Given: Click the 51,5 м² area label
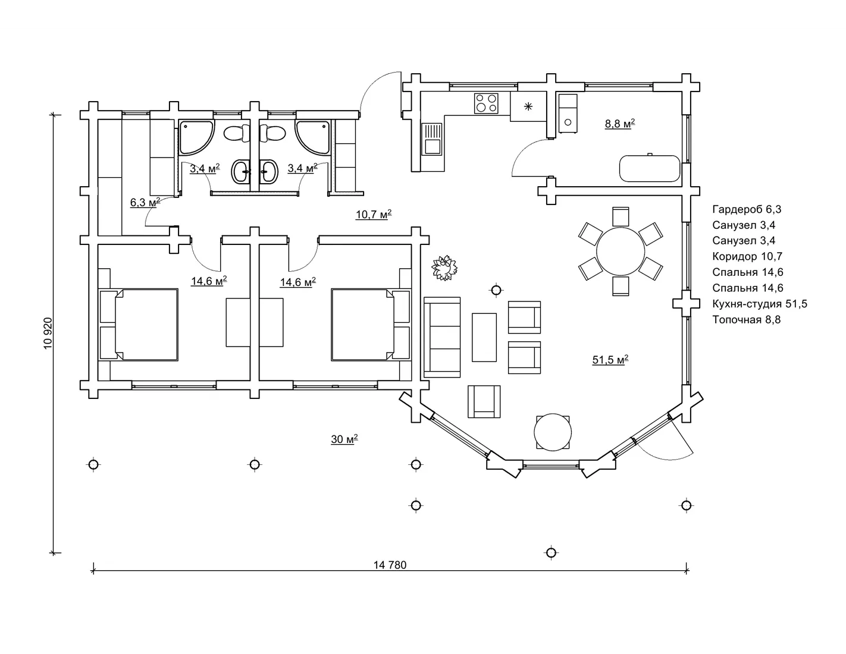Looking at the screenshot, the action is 610,360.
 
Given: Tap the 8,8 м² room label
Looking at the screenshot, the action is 620,124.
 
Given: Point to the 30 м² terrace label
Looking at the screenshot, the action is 344,439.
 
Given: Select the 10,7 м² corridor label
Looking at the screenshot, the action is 374,215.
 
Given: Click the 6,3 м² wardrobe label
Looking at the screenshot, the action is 145,202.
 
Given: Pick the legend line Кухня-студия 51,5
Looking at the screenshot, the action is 760,303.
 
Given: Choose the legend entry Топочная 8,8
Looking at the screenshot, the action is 746,319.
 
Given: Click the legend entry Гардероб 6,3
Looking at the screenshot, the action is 747,209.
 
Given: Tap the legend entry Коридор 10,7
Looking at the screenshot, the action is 747,256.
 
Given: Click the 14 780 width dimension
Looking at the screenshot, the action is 390,564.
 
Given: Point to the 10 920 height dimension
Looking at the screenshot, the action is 48,334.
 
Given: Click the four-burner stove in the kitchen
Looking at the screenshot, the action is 486,103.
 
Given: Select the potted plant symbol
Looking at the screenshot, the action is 444,268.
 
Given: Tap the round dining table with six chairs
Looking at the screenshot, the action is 620,251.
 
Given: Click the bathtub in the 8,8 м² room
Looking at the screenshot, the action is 650,168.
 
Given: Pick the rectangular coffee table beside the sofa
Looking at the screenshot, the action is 484,337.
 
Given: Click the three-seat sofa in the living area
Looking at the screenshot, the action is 442,337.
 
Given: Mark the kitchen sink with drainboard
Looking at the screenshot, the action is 432,139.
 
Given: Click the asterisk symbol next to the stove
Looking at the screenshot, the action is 528,106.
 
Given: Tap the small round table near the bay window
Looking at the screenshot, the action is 553,432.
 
